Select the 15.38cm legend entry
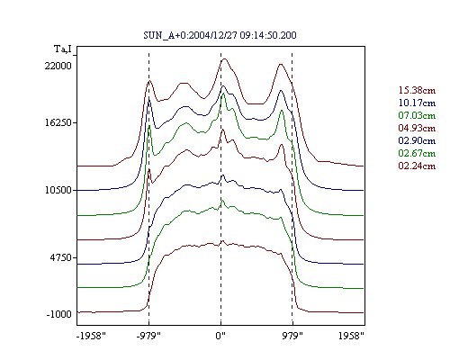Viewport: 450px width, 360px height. (417, 90)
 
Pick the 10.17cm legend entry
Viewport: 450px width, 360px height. (417, 103)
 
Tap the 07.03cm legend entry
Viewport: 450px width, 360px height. (417, 115)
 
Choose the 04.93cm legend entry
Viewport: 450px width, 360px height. (417, 128)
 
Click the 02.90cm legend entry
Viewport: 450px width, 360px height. (417, 140)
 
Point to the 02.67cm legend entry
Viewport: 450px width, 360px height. (417, 153)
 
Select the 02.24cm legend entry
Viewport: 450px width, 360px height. (417, 166)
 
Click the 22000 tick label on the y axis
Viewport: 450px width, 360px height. (58, 66)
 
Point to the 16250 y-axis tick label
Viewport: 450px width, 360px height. (58, 122)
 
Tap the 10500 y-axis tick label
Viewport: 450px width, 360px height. (58, 190)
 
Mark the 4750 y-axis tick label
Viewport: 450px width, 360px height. (61, 257)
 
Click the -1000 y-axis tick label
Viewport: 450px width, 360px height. (59, 314)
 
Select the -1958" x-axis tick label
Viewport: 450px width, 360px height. (91, 336)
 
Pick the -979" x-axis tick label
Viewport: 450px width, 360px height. (148, 336)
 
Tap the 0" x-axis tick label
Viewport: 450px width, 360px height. (220, 336)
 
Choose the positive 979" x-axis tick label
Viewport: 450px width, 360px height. (292, 336)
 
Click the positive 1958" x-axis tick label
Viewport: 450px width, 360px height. (351, 336)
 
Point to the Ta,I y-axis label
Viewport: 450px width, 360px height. (63, 49)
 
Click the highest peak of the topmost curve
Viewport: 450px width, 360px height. (224, 59)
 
